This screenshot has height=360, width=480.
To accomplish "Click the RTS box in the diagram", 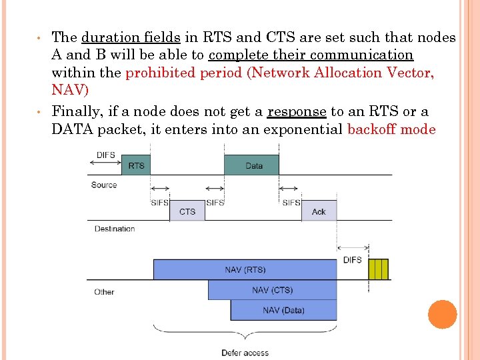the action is tap(136, 165).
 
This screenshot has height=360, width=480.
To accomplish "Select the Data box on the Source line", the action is tap(254, 165).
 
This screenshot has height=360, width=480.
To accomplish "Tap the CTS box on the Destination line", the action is tap(187, 211).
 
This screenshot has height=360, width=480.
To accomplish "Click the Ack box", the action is tap(319, 211).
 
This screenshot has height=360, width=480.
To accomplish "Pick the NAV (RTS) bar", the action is tap(245, 269).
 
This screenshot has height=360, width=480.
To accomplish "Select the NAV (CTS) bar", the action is tap(272, 290).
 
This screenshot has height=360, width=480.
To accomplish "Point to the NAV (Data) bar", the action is tap(283, 310).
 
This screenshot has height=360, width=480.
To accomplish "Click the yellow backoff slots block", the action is tap(378, 269).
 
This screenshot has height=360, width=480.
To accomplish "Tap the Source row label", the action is tap(104, 185).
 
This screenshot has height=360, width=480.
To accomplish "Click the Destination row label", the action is tap(115, 229).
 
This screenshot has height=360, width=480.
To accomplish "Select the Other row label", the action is tap(104, 292).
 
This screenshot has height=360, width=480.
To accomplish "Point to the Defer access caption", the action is tap(245, 353).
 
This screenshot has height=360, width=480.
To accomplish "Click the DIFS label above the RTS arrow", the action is tap(105, 155).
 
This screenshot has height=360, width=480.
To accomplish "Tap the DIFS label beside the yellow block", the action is tap(352, 260).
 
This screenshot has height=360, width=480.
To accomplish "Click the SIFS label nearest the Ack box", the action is tap(291, 203).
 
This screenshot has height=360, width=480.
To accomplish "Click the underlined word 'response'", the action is tap(297, 111).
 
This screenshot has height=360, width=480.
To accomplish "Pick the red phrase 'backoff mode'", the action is tap(391, 129).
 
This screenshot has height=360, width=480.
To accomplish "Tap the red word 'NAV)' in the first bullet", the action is tap(70, 89).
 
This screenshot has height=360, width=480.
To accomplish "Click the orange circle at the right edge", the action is tap(443, 314).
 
